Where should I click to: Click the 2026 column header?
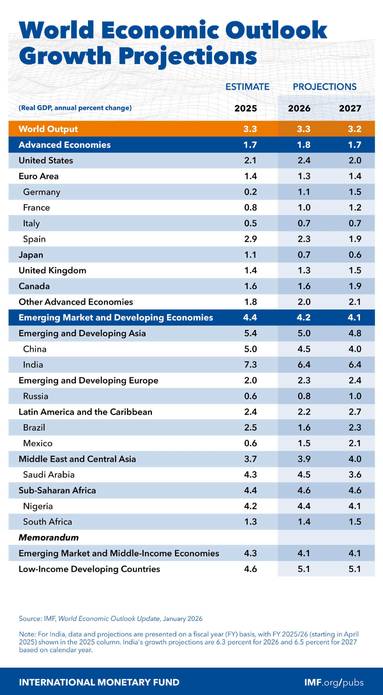[299, 108]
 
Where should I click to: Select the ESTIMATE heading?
[247, 87]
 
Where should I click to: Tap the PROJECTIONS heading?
[324, 87]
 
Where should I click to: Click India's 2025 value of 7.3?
[250, 365]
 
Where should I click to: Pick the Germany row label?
[42, 192]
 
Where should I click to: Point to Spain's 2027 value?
[355, 239]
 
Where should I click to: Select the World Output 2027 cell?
[354, 129]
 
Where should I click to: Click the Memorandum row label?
[49, 538]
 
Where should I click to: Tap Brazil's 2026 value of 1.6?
[304, 428]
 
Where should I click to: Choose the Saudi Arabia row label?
[49, 475]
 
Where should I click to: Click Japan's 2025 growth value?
[250, 255]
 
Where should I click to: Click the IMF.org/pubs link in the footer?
[334, 682]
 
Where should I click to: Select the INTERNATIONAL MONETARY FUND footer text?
[99, 682]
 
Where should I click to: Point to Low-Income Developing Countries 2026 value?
[304, 569]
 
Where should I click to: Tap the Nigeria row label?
[38, 506]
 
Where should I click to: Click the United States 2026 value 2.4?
[304, 160]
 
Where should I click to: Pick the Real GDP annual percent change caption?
[75, 108]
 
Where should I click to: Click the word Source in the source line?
[30, 619]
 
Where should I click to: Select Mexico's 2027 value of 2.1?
[354, 443]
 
